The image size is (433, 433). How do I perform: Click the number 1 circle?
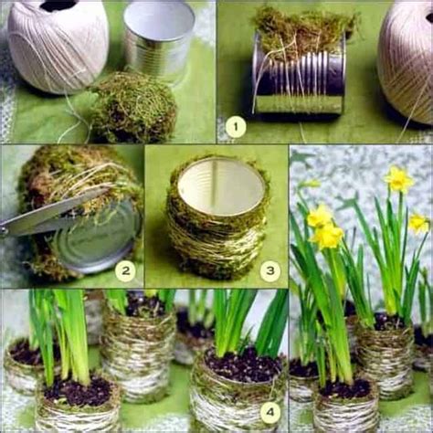[x=236, y=127]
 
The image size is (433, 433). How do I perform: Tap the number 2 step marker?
[x=124, y=270]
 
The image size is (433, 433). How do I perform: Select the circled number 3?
[x=269, y=270]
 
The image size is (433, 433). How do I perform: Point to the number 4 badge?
[x=269, y=412]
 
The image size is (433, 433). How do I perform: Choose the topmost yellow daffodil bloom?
[x=399, y=179]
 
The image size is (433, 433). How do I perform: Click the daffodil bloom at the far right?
[x=418, y=223]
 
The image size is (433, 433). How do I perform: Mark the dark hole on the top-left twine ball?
[x=58, y=5]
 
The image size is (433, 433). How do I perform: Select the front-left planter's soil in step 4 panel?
[x=79, y=392]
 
